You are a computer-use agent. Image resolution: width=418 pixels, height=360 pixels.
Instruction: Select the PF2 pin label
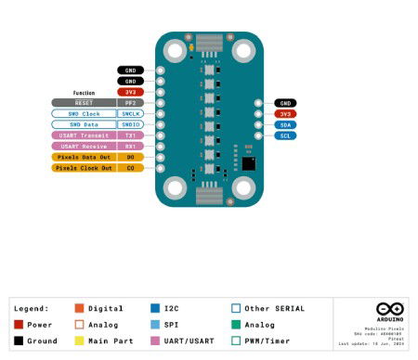click(131, 103)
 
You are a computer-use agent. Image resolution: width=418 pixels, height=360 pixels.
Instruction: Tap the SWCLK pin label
click(131, 113)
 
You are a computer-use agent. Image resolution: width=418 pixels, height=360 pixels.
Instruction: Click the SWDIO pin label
click(131, 124)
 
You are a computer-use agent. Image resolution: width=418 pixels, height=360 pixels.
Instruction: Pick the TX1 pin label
click(131, 135)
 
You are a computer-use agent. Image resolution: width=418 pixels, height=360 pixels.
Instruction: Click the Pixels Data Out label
click(84, 157)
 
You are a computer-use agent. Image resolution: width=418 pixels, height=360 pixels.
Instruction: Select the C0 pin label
click(131, 168)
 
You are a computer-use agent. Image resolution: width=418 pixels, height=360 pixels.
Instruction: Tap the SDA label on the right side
click(285, 124)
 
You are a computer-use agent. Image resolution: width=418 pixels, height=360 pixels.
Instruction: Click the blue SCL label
click(285, 135)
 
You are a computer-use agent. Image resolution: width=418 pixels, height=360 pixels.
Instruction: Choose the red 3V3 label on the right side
click(285, 113)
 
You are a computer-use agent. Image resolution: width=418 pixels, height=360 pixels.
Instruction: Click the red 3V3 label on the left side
click(131, 92)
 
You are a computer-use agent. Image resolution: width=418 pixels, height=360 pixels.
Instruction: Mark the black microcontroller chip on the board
click(248, 162)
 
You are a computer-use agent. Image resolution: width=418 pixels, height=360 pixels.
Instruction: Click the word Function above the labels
click(85, 93)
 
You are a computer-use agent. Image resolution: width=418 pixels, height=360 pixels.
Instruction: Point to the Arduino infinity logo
click(389, 309)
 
